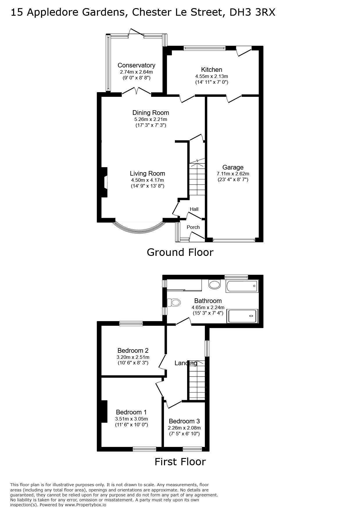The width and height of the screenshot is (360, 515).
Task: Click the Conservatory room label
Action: (136, 65)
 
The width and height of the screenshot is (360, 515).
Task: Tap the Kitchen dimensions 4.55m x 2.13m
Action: (212, 76)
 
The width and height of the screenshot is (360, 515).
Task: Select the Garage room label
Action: (233, 167)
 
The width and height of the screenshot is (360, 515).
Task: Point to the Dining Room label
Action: (151, 113)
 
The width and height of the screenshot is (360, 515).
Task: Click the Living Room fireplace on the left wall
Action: (104, 182)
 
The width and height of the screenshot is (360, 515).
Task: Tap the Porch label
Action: (193, 227)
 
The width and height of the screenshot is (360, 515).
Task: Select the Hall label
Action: (194, 209)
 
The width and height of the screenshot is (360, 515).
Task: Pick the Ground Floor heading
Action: (180, 252)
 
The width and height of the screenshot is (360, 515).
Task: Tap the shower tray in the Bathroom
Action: (242, 316)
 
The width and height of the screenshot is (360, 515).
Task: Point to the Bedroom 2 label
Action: (133, 351)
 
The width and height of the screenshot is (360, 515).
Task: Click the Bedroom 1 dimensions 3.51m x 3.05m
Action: (131, 419)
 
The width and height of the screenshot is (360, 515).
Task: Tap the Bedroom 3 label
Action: (184, 421)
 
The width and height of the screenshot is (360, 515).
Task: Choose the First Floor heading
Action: (180, 461)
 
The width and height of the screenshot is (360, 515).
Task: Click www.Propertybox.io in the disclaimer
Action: (85, 505)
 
